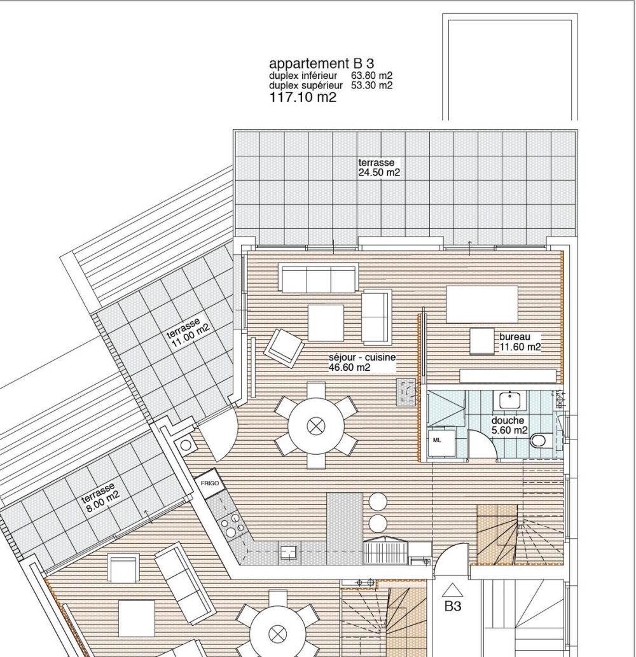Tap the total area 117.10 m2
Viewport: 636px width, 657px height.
[303, 97]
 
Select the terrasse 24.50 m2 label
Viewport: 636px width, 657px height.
[379, 168]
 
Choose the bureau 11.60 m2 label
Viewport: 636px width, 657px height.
[520, 342]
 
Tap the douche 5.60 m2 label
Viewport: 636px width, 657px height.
[509, 425]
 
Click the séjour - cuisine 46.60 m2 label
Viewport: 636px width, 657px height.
[361, 363]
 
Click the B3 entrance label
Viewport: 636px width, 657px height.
[452, 607]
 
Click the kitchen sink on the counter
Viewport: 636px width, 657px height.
[289, 551]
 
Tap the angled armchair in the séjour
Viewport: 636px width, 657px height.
[284, 347]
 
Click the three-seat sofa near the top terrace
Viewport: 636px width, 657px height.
[317, 279]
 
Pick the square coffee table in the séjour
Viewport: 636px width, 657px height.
[326, 322]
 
